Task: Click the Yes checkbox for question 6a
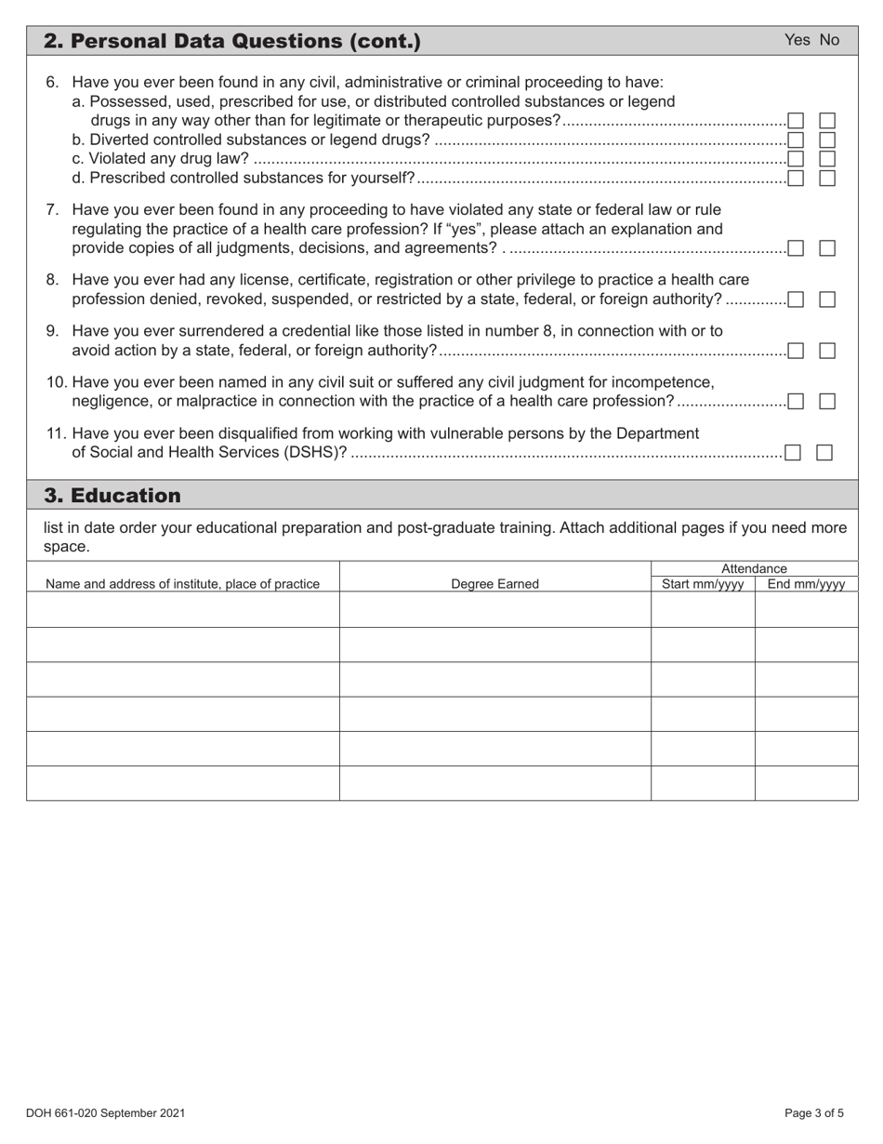pos(796,121)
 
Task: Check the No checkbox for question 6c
pos(827,159)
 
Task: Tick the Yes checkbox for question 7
pos(796,248)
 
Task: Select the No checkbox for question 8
pos(827,299)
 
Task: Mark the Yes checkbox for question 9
pos(796,351)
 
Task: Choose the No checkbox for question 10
pos(827,402)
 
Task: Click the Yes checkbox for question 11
pos(793,453)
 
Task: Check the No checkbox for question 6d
pos(827,178)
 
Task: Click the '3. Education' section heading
pos(112,495)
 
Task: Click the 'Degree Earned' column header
pos(494,584)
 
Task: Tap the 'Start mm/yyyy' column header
pos(703,584)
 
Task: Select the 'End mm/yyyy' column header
pos(806,584)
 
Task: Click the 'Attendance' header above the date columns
pos(754,568)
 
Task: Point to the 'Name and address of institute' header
pos(182,584)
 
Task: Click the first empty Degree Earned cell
pos(494,610)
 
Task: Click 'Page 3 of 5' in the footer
pos(814,1112)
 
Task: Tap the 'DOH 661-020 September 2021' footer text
pos(106,1112)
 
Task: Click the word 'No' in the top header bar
pos(829,40)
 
